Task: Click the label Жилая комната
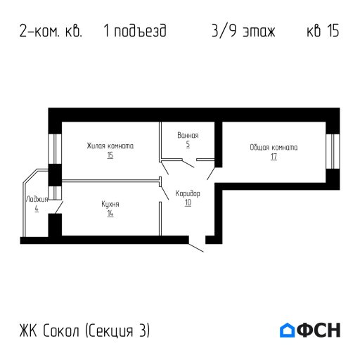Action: (x=110, y=146)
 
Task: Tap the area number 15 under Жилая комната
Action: (x=110, y=155)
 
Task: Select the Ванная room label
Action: (x=188, y=135)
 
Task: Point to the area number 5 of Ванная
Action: (x=188, y=144)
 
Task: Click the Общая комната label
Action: (x=274, y=148)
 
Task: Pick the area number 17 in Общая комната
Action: (x=274, y=157)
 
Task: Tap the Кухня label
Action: (x=110, y=204)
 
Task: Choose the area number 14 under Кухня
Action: (x=110, y=213)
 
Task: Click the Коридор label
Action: (x=188, y=193)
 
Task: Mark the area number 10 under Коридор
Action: (x=188, y=202)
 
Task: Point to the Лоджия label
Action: (x=36, y=200)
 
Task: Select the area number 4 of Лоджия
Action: (x=36, y=209)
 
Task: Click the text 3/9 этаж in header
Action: (x=243, y=32)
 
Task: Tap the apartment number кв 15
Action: (x=323, y=32)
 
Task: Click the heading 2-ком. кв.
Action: (x=51, y=32)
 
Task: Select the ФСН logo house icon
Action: (x=287, y=330)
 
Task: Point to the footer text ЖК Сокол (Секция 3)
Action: (x=85, y=330)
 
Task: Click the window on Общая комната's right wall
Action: (x=335, y=150)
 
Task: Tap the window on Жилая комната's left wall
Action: (x=53, y=147)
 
